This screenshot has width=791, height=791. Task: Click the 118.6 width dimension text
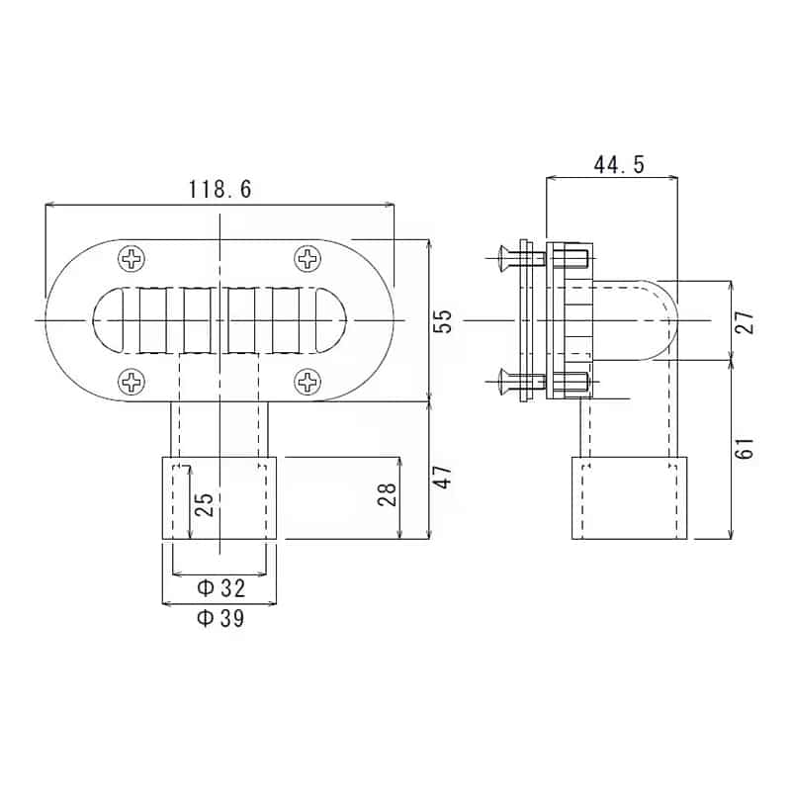click(x=220, y=190)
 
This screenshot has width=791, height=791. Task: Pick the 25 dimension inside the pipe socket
click(x=204, y=505)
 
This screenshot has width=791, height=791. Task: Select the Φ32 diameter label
click(x=220, y=588)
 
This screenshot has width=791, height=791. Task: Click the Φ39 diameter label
click(x=220, y=619)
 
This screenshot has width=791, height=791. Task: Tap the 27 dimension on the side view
click(x=746, y=321)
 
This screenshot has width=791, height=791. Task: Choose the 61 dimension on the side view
click(x=746, y=447)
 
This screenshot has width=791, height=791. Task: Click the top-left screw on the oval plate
click(x=132, y=260)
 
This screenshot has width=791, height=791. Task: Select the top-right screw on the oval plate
click(x=308, y=260)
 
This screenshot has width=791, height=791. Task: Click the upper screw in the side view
click(x=520, y=259)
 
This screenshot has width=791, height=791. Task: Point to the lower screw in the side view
click(x=520, y=381)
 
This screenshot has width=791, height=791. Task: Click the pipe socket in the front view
click(x=220, y=497)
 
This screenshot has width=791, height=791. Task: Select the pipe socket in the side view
click(x=630, y=498)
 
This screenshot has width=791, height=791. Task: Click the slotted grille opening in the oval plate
click(x=220, y=319)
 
